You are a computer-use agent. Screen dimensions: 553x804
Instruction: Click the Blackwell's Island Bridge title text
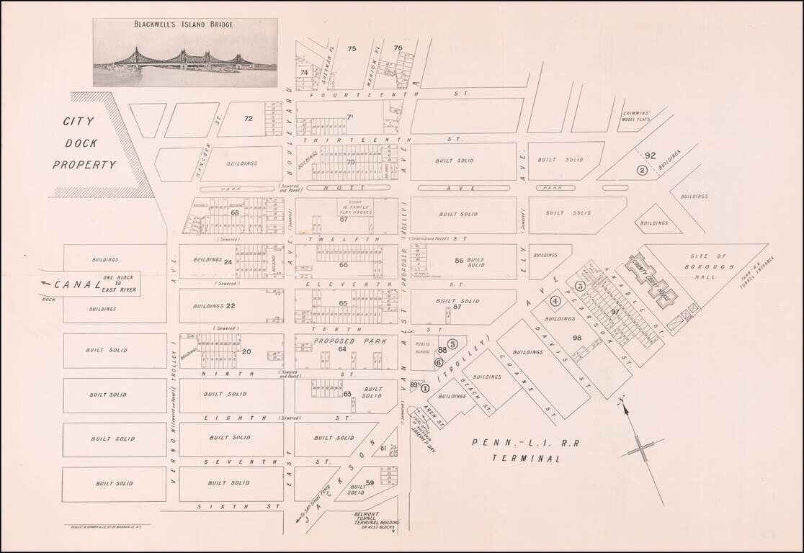[x=184, y=24]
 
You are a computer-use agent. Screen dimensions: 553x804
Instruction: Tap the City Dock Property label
[x=84, y=143]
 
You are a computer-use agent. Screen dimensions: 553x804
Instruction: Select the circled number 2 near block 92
[x=642, y=170]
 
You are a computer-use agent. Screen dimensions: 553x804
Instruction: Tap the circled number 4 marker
[x=555, y=300]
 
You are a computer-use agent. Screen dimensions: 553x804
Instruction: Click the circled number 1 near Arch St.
[x=425, y=387]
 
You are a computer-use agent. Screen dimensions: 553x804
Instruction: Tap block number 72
[x=249, y=119]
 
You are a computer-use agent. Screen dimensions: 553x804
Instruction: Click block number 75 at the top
[x=352, y=49]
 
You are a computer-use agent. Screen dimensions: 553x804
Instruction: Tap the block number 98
[x=576, y=337]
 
